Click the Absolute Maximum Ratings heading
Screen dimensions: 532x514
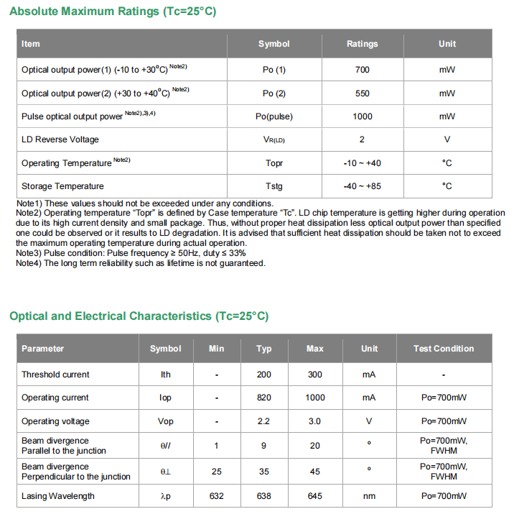point(113,12)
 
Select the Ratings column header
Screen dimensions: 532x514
point(362,44)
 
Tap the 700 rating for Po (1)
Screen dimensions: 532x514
point(362,70)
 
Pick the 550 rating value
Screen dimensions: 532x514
point(362,93)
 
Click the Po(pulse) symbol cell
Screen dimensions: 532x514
point(274,116)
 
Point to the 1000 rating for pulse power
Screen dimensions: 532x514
point(362,116)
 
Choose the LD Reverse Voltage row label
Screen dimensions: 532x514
point(60,139)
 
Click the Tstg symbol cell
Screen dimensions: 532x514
point(274,186)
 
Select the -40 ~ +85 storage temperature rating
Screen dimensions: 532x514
point(362,186)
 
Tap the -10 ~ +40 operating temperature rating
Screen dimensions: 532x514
point(362,163)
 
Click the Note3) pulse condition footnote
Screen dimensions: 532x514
point(131,254)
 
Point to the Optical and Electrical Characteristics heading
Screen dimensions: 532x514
point(139,316)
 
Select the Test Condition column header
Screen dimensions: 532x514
point(443,349)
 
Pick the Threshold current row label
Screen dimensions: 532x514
point(55,375)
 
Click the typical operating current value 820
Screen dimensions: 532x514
point(264,398)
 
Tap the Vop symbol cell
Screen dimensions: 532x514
point(165,421)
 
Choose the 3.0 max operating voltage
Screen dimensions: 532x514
point(314,421)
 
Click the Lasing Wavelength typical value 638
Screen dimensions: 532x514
point(264,496)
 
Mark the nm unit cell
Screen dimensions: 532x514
point(369,496)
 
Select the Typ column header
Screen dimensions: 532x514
point(264,349)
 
